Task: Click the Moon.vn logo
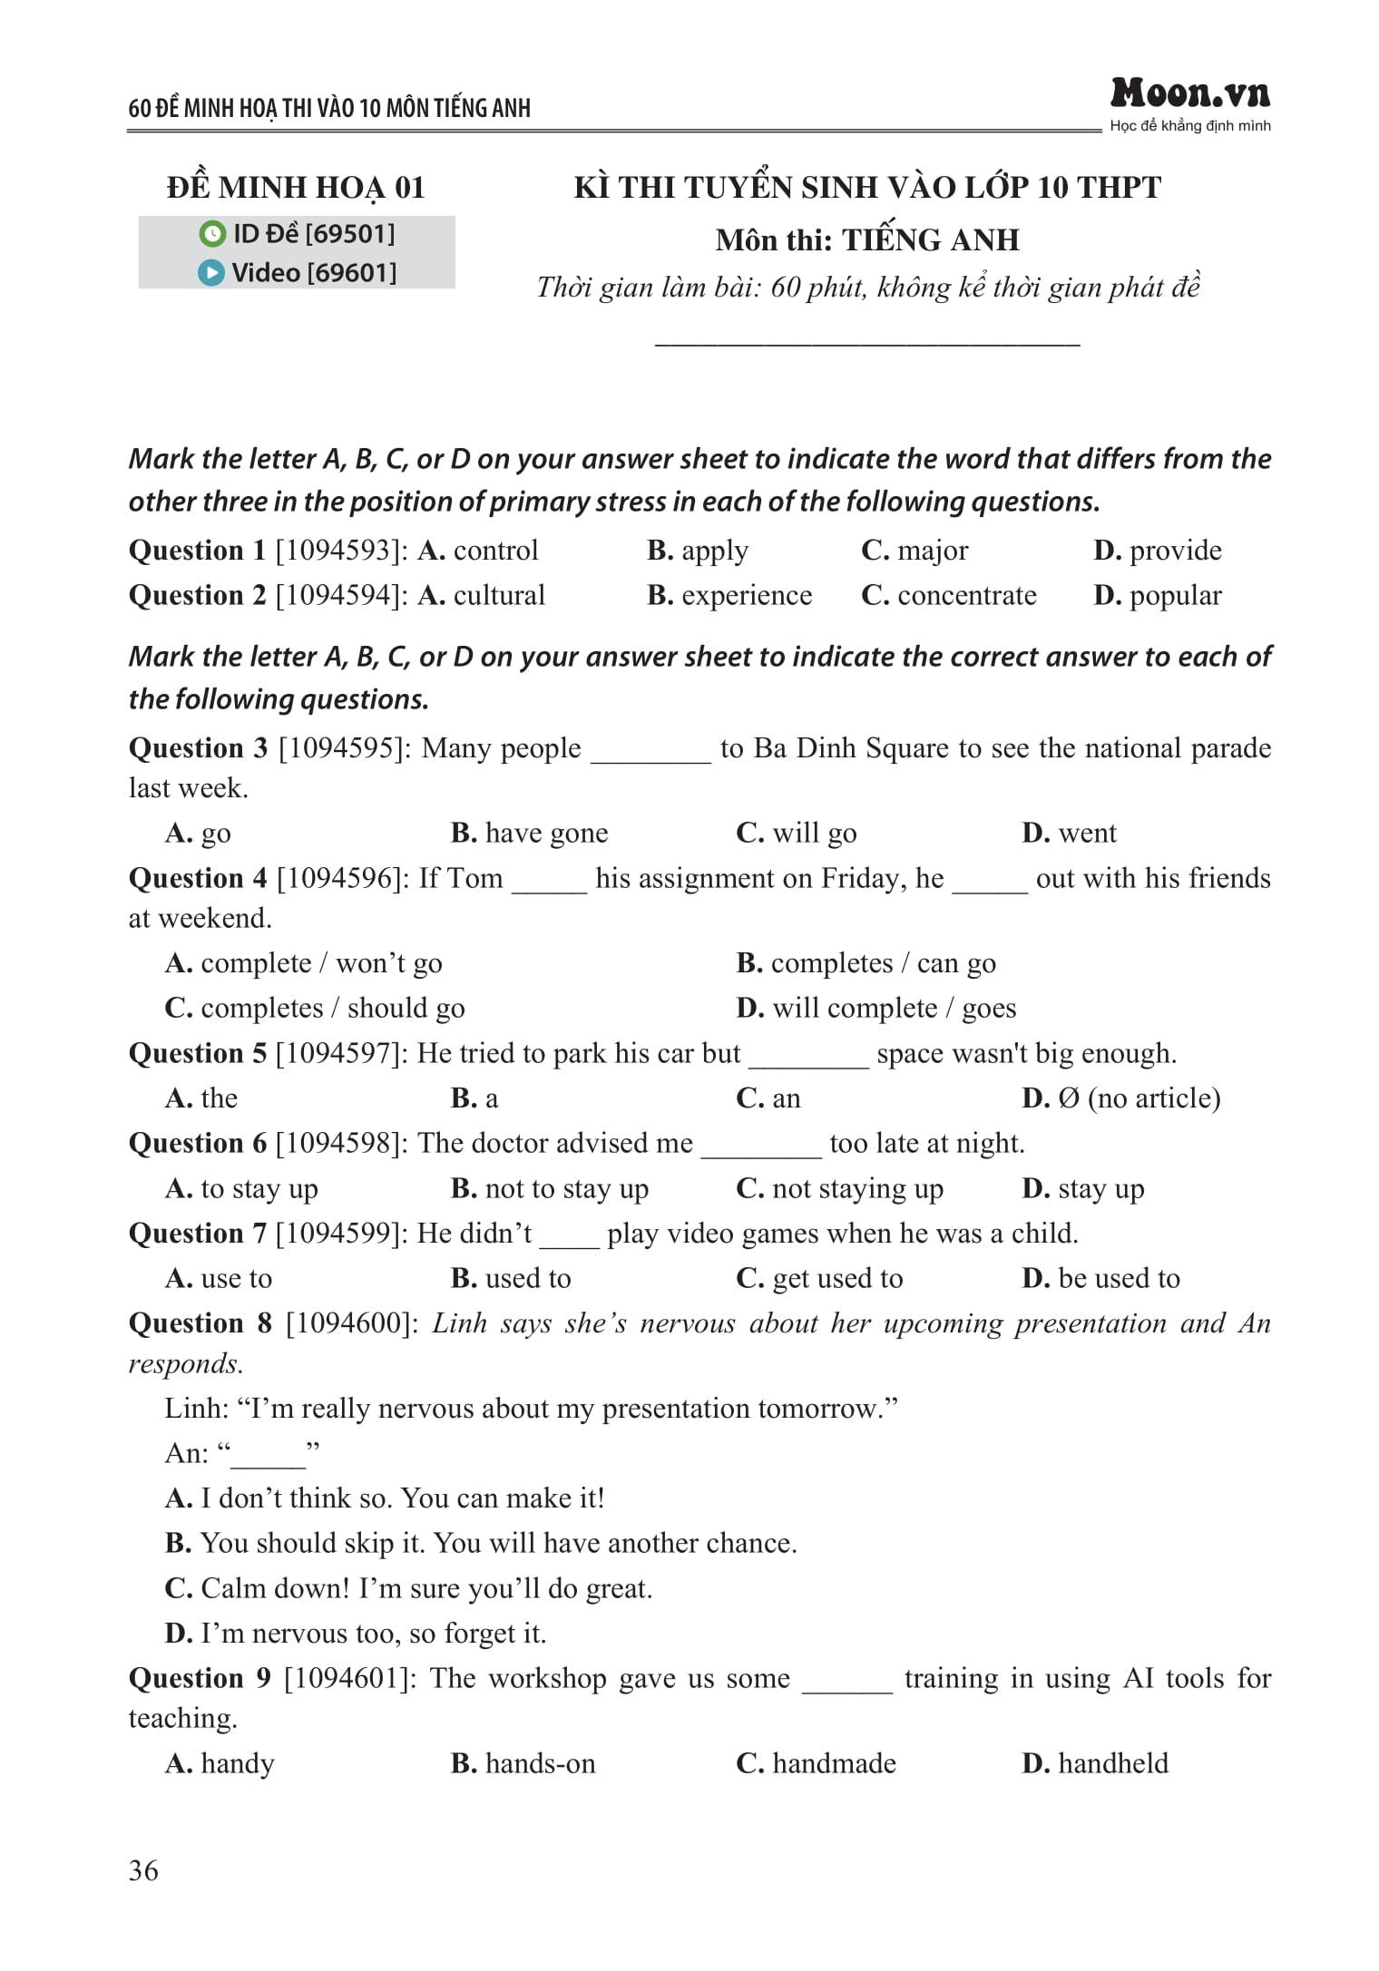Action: pyautogui.click(x=1189, y=93)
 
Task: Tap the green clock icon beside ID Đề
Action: pyautogui.click(x=211, y=234)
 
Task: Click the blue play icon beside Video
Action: pyautogui.click(x=210, y=272)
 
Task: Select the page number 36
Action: pyautogui.click(x=143, y=1869)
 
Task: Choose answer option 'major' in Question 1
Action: pyautogui.click(x=932, y=551)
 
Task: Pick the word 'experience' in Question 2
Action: pyautogui.click(x=746, y=595)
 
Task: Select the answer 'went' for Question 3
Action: pyautogui.click(x=1086, y=833)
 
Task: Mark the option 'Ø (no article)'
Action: pyautogui.click(x=1139, y=1098)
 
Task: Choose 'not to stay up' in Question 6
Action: pyautogui.click(x=566, y=1188)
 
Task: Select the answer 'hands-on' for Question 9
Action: pyautogui.click(x=540, y=1763)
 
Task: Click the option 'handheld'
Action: pyautogui.click(x=1112, y=1763)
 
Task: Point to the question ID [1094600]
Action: pyautogui.click(x=351, y=1323)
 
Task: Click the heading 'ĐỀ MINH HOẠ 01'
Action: pyautogui.click(x=296, y=188)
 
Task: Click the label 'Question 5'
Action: pyautogui.click(x=198, y=1053)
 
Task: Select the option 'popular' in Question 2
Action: pyautogui.click(x=1175, y=595)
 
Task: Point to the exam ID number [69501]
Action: pyautogui.click(x=350, y=234)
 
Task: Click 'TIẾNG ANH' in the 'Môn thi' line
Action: pyautogui.click(x=930, y=240)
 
